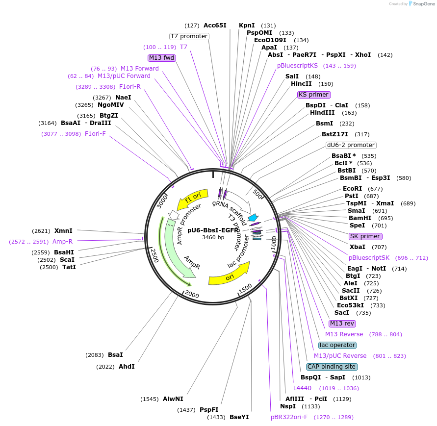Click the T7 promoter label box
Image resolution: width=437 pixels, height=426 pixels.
(189, 36)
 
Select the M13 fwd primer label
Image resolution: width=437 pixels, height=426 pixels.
(162, 58)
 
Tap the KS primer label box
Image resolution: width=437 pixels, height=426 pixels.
(314, 95)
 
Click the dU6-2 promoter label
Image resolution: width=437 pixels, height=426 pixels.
(351, 145)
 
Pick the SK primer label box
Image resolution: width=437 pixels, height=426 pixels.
(365, 236)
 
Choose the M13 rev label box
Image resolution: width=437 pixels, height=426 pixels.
(342, 324)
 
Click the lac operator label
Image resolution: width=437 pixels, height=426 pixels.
(337, 345)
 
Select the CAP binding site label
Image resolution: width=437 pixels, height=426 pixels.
(332, 367)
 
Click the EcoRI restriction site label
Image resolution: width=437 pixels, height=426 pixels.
(352, 189)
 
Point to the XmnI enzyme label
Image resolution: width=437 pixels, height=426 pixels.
(63, 231)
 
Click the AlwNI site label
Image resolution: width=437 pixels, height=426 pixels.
(173, 399)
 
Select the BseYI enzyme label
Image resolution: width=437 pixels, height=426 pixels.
(239, 417)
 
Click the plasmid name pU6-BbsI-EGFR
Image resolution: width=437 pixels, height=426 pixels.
(213, 230)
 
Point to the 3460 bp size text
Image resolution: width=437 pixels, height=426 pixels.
(213, 237)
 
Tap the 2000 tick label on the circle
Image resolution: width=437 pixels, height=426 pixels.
(191, 295)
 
